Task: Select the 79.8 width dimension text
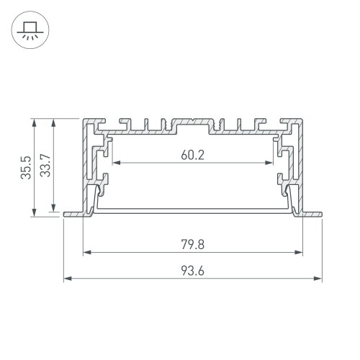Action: coord(192,244)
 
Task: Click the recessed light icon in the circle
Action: coord(30,30)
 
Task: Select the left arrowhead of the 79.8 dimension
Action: coord(87,253)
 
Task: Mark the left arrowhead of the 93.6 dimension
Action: coord(67,278)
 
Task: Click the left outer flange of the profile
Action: coord(73,214)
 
